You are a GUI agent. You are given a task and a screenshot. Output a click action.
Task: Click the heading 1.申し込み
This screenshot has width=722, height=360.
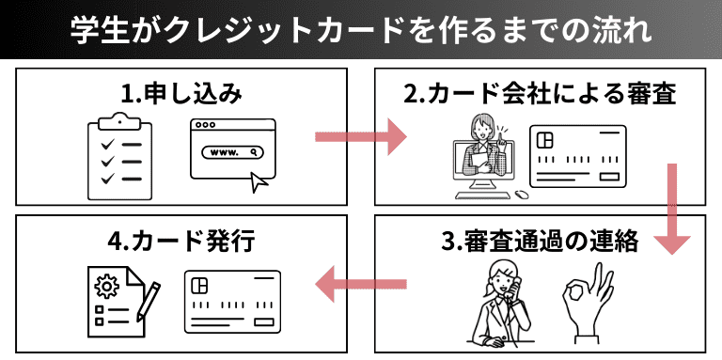[181, 95]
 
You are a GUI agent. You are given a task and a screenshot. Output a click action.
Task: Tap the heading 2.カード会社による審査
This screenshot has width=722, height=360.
[540, 95]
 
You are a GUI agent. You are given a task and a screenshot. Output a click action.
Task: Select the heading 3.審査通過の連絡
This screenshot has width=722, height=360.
[540, 242]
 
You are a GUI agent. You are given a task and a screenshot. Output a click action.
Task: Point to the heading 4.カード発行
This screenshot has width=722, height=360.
[181, 242]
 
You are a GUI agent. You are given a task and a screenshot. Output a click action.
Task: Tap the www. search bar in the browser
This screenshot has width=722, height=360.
[233, 152]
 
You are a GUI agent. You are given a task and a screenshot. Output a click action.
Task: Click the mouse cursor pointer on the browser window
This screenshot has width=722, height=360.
[259, 182]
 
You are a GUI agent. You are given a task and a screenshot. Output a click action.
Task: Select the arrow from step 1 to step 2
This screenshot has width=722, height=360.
[361, 136]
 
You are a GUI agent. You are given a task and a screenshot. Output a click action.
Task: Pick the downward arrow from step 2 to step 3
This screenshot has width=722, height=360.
[672, 209]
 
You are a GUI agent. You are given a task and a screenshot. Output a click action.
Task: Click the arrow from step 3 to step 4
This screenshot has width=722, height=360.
[361, 284]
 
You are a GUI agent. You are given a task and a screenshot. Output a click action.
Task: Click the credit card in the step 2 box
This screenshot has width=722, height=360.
[578, 157]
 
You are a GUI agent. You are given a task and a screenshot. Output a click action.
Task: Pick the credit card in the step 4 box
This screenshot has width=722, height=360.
[232, 302]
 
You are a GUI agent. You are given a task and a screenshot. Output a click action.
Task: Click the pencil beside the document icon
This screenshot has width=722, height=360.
[149, 303]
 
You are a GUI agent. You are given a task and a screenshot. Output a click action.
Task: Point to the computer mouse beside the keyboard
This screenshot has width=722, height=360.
[521, 195]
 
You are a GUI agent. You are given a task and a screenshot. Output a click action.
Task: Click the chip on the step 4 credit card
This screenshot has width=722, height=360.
[200, 286]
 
